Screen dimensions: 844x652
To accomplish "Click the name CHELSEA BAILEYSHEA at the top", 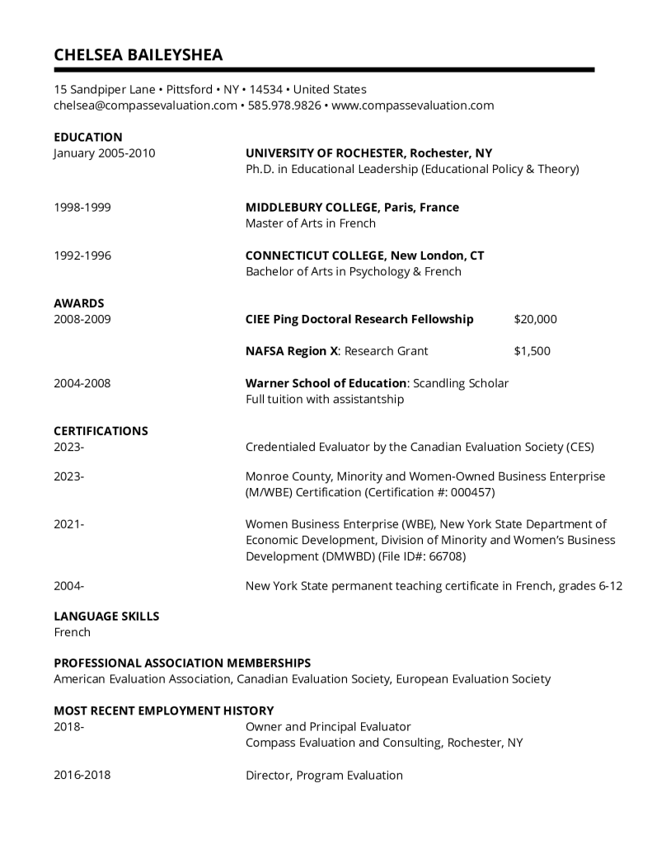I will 138,54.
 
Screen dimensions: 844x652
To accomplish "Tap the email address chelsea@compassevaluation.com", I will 145,105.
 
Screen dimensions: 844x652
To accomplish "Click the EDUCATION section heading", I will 87,137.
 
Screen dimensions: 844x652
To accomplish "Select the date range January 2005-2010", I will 104,153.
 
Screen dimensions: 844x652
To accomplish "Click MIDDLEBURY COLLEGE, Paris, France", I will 352,207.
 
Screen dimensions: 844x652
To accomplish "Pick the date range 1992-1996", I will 82,256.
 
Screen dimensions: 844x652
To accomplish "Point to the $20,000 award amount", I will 535,319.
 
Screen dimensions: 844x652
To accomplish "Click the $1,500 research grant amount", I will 532,351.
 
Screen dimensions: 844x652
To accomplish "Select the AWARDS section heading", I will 79,303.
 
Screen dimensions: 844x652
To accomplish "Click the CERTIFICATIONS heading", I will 101,431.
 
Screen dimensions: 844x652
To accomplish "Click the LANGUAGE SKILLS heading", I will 106,616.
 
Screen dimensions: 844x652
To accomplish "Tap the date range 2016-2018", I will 82,775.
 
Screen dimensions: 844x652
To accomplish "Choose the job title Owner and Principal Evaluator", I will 328,727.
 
